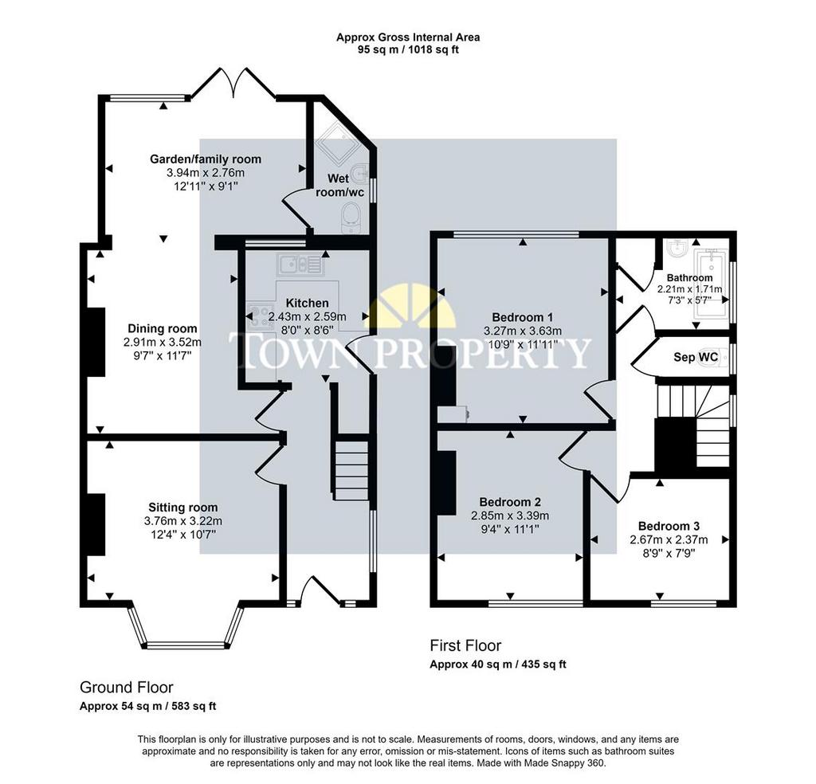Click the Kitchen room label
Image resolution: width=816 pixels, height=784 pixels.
coord(307,303)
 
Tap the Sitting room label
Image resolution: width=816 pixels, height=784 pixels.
coord(183,508)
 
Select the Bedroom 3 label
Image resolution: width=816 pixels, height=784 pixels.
coord(669,526)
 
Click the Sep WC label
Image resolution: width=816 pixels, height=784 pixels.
coord(696,357)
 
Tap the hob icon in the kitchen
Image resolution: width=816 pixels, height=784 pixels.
coord(260,316)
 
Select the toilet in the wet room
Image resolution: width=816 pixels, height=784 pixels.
coord(351,218)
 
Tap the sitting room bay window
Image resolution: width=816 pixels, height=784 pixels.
coord(186,627)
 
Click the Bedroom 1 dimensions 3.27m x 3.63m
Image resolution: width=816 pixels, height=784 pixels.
coord(523,331)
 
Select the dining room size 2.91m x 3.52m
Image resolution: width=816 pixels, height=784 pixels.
coord(163,343)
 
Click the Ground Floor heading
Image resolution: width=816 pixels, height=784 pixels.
coord(127,688)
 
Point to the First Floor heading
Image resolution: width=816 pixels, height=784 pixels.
coord(465,645)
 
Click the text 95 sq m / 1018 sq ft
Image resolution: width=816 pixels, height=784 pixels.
coord(408,50)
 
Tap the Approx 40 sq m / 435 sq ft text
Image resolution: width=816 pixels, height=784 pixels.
coord(498,664)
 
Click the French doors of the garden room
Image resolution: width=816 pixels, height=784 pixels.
coord(233,82)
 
